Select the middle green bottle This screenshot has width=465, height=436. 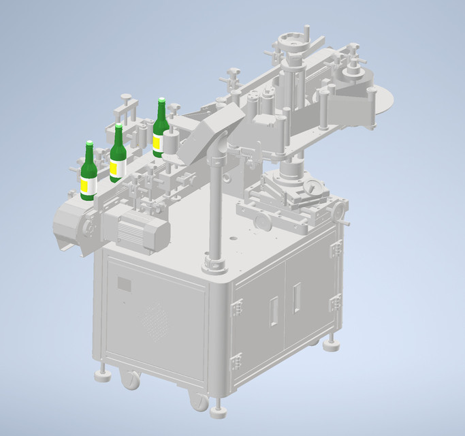[118, 156]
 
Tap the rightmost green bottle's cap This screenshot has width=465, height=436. [162, 101]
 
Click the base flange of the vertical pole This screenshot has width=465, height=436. [215, 262]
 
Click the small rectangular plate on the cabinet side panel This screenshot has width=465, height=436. [125, 283]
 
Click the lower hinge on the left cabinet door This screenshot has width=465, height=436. [237, 361]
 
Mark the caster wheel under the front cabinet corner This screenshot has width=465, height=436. [199, 401]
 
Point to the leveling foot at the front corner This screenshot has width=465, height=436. [219, 411]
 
